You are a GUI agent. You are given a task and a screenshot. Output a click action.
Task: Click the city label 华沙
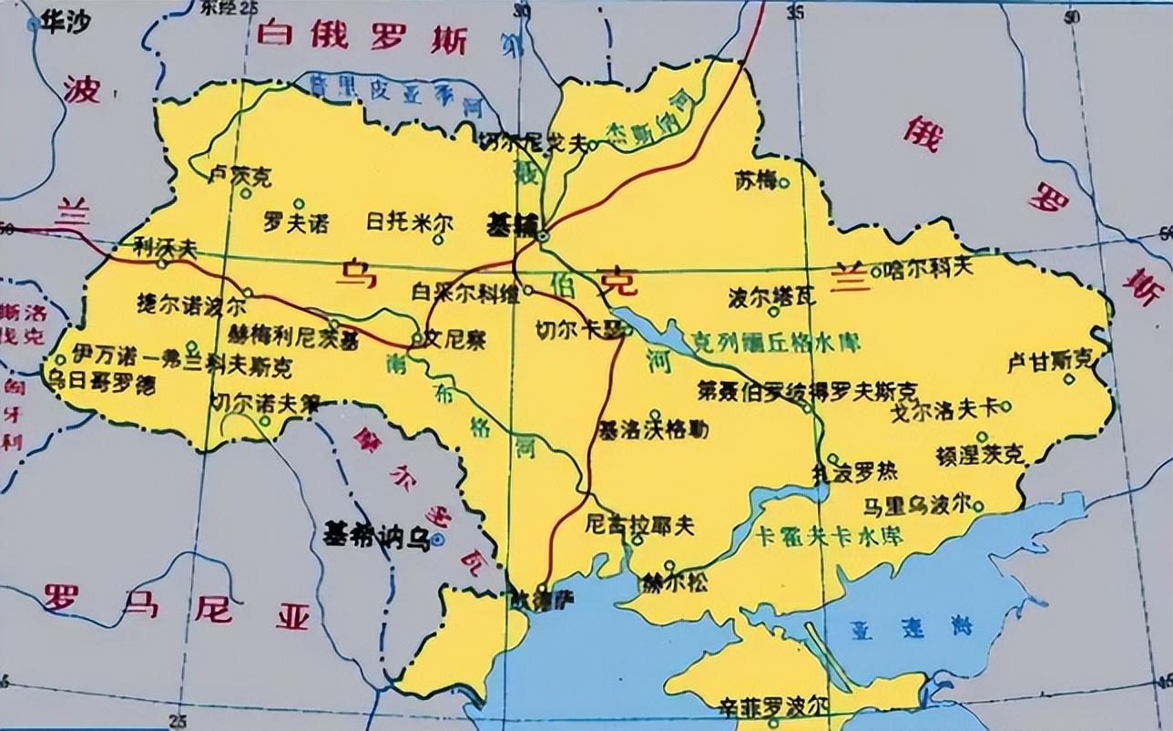tap(63, 24)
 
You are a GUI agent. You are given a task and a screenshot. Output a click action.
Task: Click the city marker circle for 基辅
tap(543, 236)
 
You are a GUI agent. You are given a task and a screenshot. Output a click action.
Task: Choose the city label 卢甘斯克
tap(1047, 362)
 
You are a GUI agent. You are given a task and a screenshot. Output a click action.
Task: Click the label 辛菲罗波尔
tap(773, 705)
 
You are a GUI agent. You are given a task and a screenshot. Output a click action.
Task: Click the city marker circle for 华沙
tap(34, 25)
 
